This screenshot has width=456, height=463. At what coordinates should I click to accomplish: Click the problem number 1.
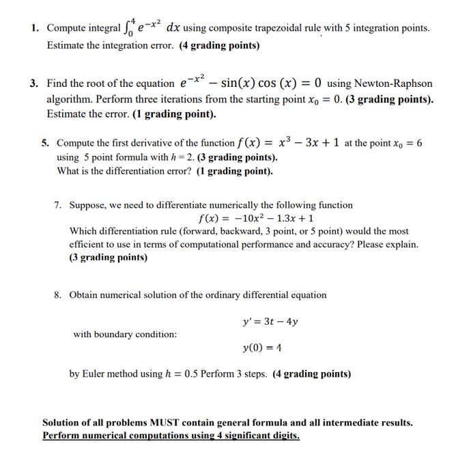(x=33, y=28)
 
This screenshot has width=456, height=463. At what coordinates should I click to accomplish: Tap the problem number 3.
(x=33, y=83)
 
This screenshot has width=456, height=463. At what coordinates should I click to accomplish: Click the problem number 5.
(x=44, y=144)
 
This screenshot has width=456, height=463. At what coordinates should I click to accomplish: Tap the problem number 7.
(x=59, y=205)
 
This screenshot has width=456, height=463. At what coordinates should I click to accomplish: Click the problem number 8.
(x=59, y=295)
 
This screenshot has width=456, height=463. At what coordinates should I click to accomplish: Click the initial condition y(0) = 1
(x=263, y=348)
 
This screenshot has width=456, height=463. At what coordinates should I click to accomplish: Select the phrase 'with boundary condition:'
(x=125, y=334)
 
